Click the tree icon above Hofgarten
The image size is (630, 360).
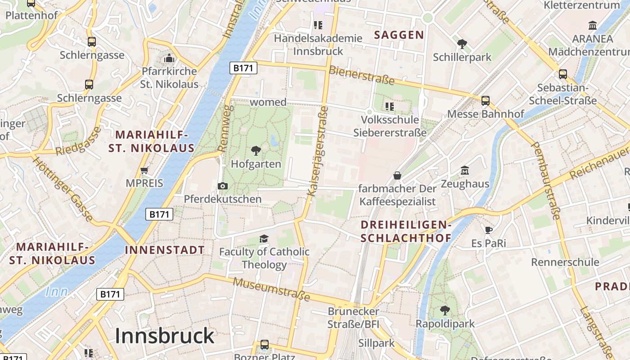tap(256, 150)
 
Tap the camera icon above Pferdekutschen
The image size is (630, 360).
tap(222, 186)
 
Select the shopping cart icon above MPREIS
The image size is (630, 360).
tap(144, 170)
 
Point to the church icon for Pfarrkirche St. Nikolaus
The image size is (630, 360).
tap(169, 58)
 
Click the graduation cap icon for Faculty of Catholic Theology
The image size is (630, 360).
tap(264, 238)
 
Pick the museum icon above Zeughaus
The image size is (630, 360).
tap(465, 171)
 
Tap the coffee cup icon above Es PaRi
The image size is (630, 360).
tap(489, 230)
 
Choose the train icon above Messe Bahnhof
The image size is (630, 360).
tap(485, 101)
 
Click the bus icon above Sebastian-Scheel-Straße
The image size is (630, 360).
tap(562, 74)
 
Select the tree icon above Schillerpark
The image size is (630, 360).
tap(462, 44)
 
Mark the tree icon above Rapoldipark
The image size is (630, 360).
tap(445, 310)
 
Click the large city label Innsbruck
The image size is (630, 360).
tap(165, 336)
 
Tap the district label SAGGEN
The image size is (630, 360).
tap(399, 35)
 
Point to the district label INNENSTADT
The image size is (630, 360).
tap(165, 250)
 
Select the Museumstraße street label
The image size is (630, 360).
tap(272, 289)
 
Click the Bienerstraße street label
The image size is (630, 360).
tap(361, 75)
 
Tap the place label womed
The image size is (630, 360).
tap(268, 102)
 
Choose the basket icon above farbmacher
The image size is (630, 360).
tap(397, 175)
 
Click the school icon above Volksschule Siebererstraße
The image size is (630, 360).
tap(390, 107)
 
